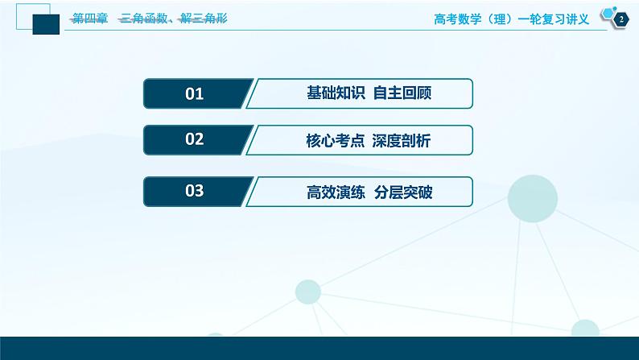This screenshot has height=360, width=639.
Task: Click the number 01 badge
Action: pyautogui.click(x=195, y=94)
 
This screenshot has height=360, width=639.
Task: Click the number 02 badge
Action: pyautogui.click(x=195, y=140)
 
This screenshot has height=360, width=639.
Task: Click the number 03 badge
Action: pyautogui.click(x=195, y=192)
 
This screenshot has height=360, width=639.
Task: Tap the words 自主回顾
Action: pyautogui.click(x=403, y=94)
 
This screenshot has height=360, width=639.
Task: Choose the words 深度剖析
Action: pyautogui.click(x=402, y=140)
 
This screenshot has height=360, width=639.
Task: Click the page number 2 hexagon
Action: pyautogui.click(x=620, y=19)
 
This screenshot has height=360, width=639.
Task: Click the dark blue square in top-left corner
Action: pyautogui.click(x=46, y=24)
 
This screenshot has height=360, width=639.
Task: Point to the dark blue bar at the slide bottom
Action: pyautogui.click(x=319, y=348)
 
